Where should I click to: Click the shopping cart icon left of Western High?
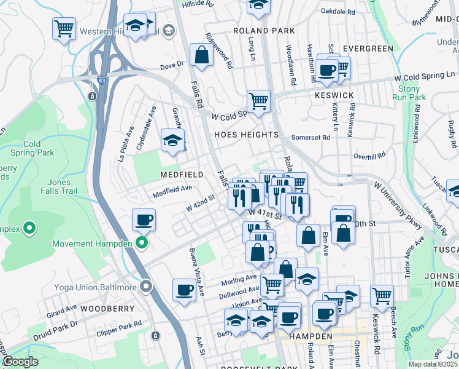(x=64, y=28)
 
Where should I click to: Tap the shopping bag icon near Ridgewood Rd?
(x=201, y=55)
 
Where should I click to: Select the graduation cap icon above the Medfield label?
(x=173, y=140)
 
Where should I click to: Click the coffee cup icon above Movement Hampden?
(x=144, y=220)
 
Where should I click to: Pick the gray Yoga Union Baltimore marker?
(x=146, y=287)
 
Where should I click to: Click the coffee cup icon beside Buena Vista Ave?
(x=184, y=290)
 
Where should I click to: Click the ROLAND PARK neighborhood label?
(x=263, y=31)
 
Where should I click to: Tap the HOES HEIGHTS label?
(x=246, y=134)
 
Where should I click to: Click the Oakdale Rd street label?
(x=338, y=12)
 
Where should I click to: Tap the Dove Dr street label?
(x=172, y=64)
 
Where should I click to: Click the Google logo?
(x=20, y=362)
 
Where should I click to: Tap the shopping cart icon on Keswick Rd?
(x=382, y=296)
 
